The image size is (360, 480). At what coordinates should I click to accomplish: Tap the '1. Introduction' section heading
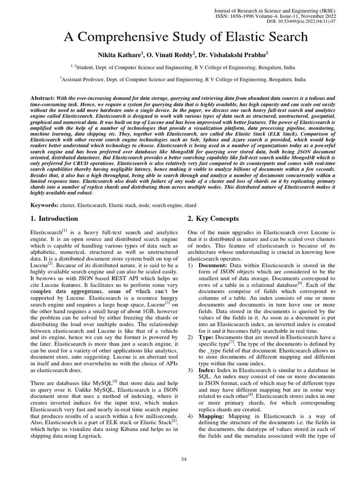[54, 218]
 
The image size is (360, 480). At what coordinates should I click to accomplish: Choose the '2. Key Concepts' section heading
[213, 218]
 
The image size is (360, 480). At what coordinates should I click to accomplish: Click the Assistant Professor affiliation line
[182, 80]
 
